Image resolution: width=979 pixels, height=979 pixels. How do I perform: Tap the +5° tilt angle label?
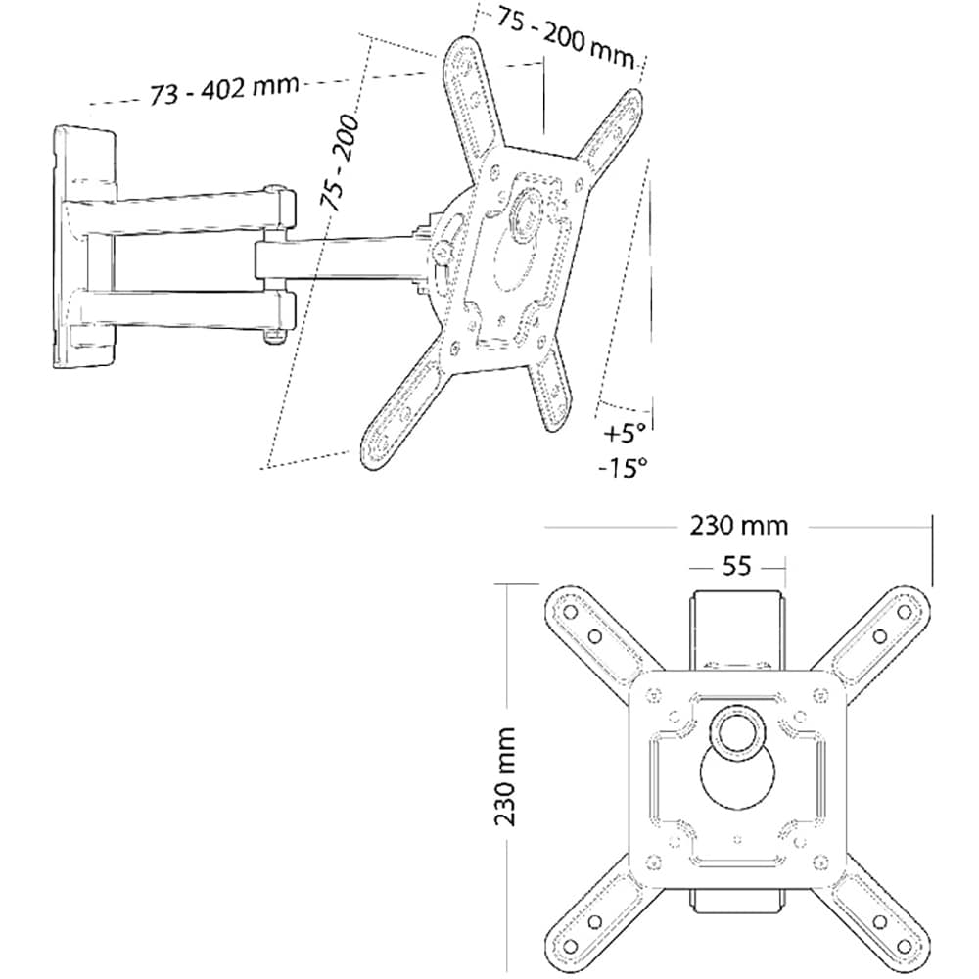(x=624, y=432)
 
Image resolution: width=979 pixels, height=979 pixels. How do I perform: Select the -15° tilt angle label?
(x=623, y=466)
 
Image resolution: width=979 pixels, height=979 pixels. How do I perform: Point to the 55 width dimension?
(x=737, y=566)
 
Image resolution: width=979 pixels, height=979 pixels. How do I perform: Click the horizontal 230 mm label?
(x=738, y=526)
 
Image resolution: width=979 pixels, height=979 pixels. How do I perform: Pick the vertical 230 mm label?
(x=504, y=776)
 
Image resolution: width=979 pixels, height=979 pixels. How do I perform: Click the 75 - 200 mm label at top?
(x=566, y=38)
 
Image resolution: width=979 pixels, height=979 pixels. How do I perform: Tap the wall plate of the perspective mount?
(x=84, y=249)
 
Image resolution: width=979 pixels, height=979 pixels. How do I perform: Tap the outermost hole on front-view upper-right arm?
(x=905, y=612)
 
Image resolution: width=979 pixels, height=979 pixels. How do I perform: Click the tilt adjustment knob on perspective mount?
(x=443, y=253)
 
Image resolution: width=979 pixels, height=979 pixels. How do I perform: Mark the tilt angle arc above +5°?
(x=626, y=406)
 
